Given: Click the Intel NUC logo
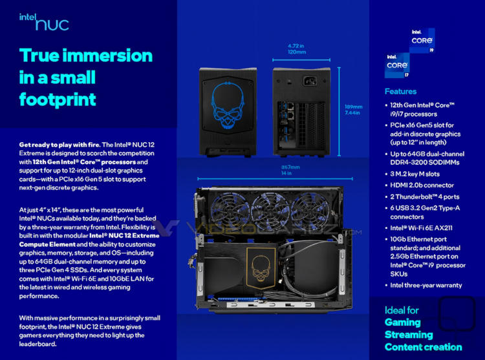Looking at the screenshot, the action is (44, 22).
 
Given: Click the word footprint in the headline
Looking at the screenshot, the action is (58, 100).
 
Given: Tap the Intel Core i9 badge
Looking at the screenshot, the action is (422, 41).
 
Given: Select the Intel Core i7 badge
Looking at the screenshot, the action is (397, 65).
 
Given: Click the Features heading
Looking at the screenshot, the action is (400, 92).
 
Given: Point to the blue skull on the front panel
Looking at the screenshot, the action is (228, 105).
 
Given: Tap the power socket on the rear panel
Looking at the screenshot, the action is (310, 81).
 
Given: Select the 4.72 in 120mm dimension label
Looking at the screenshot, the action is (297, 49).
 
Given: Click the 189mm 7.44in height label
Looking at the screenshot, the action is (354, 110).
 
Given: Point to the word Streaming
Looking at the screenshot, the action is (409, 335).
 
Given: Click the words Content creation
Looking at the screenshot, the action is (424, 347).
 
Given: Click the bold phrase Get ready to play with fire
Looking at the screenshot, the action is (59, 145).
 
